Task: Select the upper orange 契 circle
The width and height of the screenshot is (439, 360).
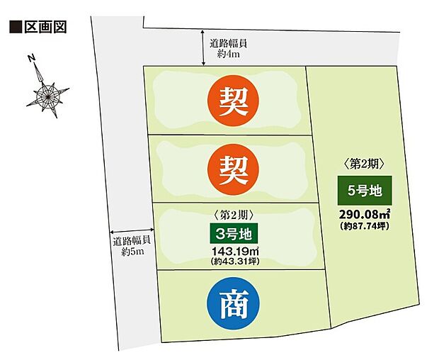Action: coord(233,101)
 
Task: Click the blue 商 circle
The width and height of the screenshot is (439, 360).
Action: coord(233,303)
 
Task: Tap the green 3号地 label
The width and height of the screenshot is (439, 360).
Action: coord(233,232)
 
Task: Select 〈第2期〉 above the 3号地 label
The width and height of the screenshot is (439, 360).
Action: coord(233,213)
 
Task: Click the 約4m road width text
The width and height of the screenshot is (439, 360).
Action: coord(229,53)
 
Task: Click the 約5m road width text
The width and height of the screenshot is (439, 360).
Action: coord(133,252)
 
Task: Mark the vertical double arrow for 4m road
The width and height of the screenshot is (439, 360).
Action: coord(204,47)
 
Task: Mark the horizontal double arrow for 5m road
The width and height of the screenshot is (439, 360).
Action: coord(131,232)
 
